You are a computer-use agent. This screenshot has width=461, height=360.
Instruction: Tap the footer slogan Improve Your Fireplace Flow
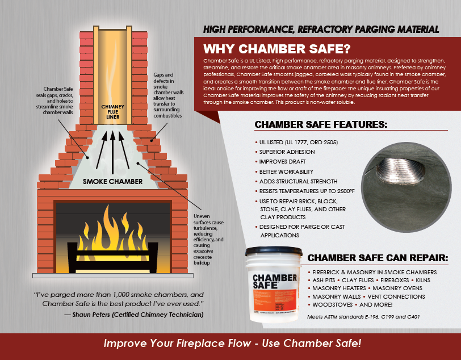tap(232, 344)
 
